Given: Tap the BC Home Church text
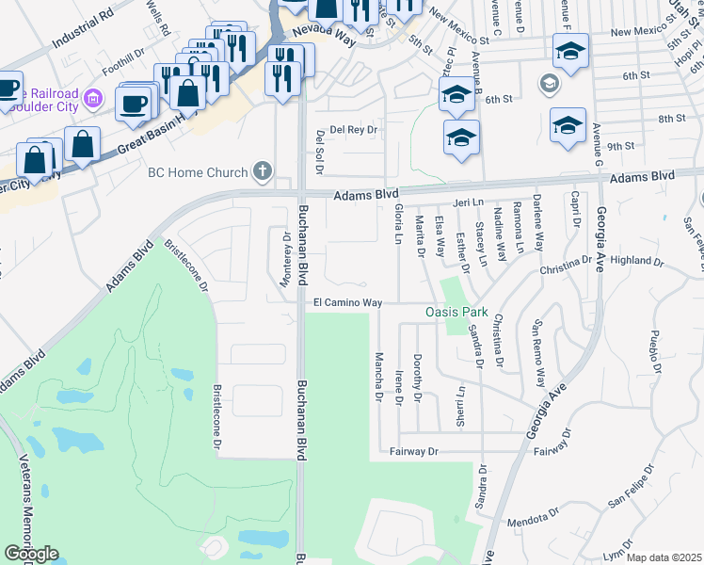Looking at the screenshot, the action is [198, 172].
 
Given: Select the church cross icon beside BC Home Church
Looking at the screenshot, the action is [262, 172].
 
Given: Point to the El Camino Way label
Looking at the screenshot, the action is [347, 303].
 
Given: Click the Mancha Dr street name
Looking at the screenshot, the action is [377, 372].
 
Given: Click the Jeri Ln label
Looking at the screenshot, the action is [467, 202].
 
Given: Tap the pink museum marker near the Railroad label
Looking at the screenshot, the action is [92, 97].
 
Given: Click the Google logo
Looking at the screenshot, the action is [31, 554].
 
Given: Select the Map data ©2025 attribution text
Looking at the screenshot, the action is [664, 557].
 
